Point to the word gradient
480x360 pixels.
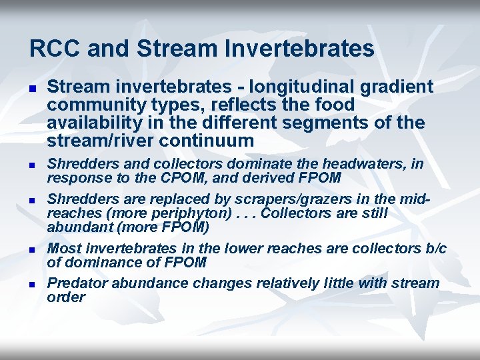399,87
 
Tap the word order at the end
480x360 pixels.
66,297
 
